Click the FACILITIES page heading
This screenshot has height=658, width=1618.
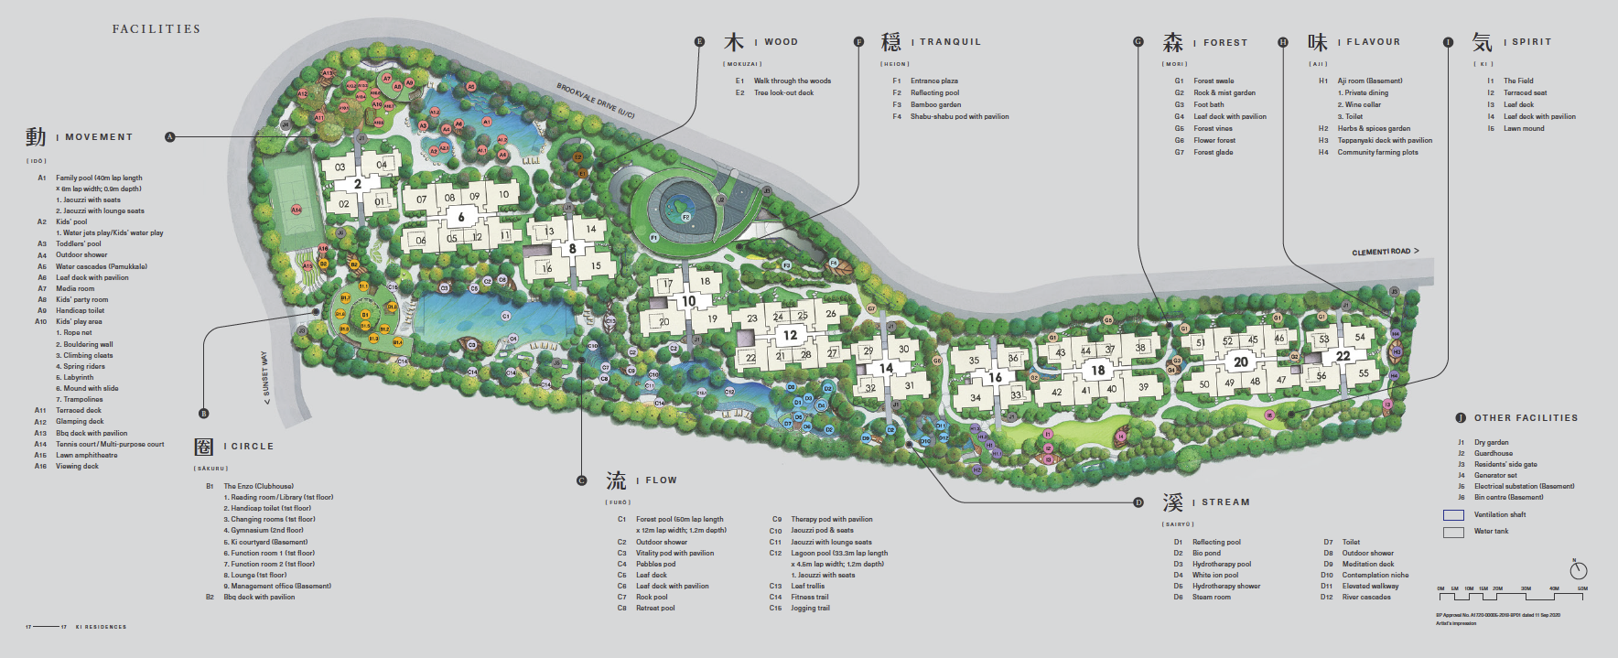click(156, 29)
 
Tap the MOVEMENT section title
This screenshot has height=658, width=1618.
click(99, 137)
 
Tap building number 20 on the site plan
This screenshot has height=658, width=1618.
click(1240, 361)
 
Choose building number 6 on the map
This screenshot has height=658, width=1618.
click(461, 217)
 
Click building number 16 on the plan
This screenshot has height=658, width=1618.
click(995, 377)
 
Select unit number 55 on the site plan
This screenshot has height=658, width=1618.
click(1363, 373)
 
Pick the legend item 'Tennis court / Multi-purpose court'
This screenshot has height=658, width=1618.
click(110, 444)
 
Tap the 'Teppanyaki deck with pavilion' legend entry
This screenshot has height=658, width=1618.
click(1385, 140)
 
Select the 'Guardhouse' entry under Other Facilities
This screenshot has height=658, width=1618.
click(1493, 453)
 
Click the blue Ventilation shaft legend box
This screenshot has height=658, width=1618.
click(1453, 515)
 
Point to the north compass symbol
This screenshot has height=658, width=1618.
click(1579, 570)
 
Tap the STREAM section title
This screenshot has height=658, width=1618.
click(1225, 502)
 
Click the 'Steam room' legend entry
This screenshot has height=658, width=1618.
click(1211, 597)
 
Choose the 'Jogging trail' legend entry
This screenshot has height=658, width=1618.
click(810, 608)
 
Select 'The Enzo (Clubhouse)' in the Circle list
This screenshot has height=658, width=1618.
click(259, 486)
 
